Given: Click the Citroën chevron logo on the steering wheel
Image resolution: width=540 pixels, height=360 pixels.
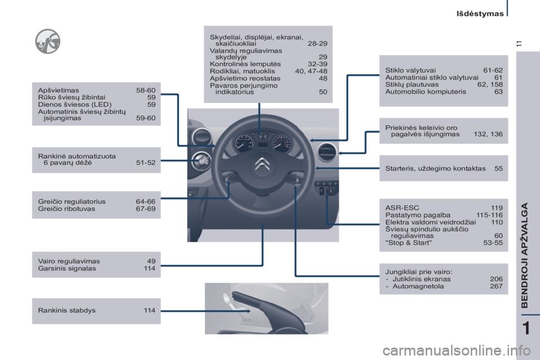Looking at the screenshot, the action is tap(263, 164).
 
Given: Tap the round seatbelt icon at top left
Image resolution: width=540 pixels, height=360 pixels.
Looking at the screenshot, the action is tap(48, 41).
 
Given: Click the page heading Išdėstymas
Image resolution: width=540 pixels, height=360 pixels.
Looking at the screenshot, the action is tap(480, 13).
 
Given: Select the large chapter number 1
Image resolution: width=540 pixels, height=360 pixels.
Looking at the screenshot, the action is tap(526, 328).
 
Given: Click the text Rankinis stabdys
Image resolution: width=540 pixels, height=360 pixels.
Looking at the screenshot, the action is tap(67, 310).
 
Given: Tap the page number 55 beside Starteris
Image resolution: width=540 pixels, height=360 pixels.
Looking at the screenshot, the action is tap(498, 168).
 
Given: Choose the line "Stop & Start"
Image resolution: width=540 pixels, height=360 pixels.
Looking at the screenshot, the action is tap(408, 243).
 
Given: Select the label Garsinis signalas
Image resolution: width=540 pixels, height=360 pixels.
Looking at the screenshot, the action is tap(67, 268).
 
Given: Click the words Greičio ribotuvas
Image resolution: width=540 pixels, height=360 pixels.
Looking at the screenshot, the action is tap(66, 209).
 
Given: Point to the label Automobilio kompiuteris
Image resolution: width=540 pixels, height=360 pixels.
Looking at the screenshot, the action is tap(426, 92).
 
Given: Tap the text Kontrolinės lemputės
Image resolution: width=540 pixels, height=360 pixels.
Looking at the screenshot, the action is tap(245, 64).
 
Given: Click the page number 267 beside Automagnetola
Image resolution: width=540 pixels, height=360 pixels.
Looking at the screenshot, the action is tap(496, 286).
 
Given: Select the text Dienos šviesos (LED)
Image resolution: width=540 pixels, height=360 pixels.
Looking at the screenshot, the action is tap(75, 105).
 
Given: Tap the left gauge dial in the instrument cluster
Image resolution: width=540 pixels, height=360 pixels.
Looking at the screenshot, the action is tap(244, 143).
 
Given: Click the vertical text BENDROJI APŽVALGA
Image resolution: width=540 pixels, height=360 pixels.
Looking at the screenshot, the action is tap(524, 255).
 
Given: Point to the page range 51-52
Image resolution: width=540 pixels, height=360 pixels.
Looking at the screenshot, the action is tap(146, 163).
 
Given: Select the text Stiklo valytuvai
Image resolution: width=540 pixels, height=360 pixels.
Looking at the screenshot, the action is tap(411, 70).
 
